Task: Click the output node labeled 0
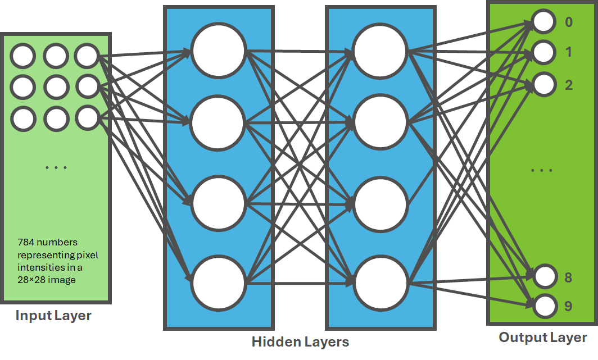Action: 543,22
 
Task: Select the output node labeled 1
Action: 543,53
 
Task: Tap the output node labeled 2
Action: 543,84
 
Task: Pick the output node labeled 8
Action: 543,277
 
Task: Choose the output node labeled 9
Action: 543,306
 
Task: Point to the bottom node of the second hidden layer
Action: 380,282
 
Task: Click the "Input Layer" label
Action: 53,316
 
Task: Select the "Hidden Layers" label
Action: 300,341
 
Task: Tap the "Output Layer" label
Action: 543,338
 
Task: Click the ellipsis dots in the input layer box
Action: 56,167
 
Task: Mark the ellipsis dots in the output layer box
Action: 542,170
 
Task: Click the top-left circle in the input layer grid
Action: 24,56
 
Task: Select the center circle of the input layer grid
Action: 56,86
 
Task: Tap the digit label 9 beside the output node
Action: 568,307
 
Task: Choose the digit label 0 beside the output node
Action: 568,23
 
